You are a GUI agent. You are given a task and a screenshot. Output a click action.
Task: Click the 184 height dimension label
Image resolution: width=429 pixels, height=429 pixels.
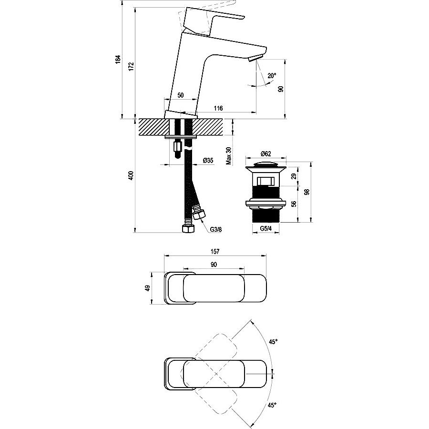click(118, 60)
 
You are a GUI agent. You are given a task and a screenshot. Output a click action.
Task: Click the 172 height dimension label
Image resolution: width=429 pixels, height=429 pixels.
click(132, 66)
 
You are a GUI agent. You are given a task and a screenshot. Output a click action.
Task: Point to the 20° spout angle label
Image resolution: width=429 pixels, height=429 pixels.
click(272, 75)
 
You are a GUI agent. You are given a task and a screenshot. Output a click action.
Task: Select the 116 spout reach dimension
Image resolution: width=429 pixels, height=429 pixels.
click(218, 108)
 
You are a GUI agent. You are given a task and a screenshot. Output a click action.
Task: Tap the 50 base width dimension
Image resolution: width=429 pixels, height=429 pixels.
click(181, 95)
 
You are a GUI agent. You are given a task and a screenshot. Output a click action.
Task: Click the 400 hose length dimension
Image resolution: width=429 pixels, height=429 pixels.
click(131, 175)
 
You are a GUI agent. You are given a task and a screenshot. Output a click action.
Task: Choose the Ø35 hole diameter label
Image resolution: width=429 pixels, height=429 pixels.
click(208, 161)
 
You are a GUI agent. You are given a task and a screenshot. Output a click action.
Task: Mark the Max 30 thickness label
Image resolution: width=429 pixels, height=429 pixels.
click(229, 156)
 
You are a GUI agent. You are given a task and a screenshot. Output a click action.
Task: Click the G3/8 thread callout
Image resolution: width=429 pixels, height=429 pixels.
click(216, 230)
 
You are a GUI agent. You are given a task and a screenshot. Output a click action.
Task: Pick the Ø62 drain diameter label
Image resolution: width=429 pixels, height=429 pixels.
click(266, 154)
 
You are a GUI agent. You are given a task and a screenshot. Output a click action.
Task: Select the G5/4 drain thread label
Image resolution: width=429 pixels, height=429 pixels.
click(266, 228)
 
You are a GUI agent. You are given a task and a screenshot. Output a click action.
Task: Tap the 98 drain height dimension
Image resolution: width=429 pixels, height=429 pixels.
click(307, 192)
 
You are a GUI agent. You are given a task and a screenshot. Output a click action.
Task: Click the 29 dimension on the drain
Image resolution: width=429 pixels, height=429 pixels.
click(294, 176)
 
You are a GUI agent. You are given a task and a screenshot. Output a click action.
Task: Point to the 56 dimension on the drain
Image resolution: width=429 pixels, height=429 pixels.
click(294, 204)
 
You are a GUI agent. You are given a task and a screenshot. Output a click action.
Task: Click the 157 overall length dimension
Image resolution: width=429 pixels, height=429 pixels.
click(215, 251)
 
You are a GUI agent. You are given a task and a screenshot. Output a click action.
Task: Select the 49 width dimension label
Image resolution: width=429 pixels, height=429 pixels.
click(148, 288)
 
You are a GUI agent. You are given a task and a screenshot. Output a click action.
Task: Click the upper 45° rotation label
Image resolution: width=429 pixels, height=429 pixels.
click(273, 342)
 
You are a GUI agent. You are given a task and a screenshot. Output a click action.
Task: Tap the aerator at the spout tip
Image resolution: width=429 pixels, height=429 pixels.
click(255, 58)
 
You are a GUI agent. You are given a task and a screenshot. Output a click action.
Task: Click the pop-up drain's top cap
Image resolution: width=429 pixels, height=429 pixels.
click(266, 165)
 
